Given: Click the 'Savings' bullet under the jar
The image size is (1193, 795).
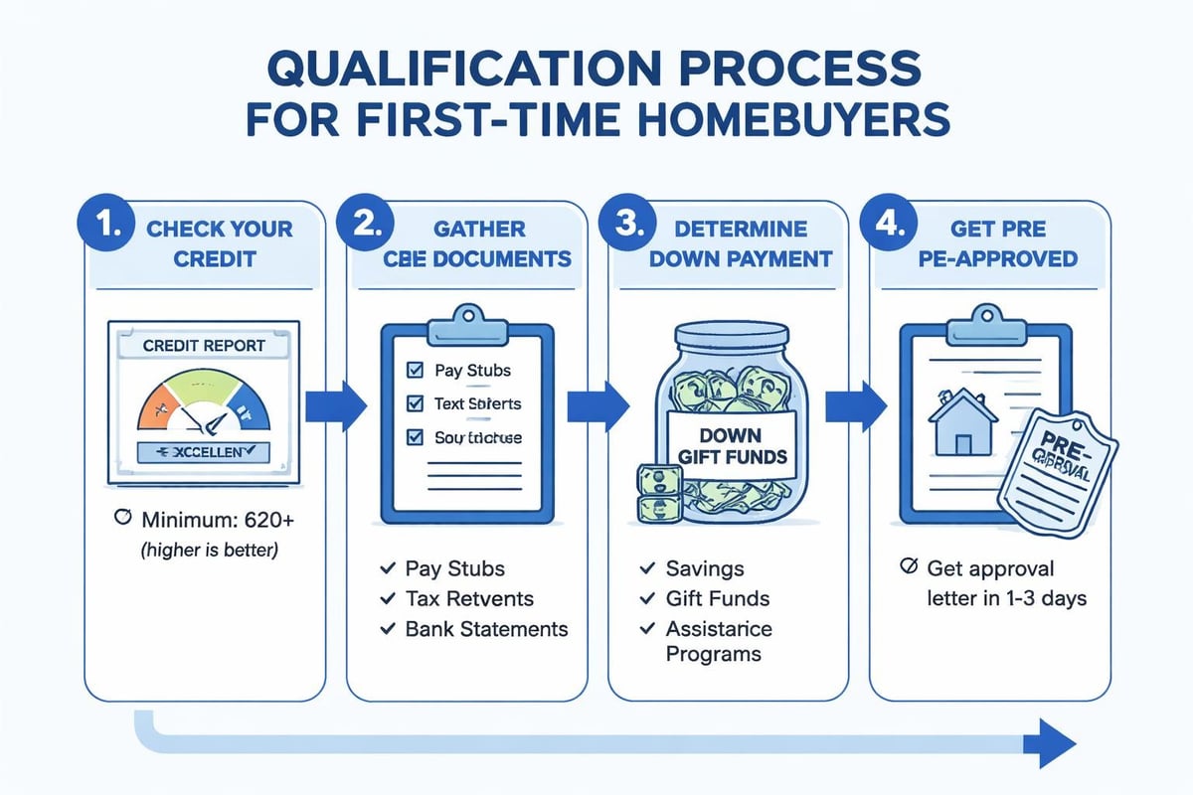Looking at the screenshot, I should coord(704,568).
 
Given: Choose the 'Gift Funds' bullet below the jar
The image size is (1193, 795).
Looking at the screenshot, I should coord(716,598).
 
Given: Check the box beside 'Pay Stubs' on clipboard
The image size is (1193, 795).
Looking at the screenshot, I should coord(416,371).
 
